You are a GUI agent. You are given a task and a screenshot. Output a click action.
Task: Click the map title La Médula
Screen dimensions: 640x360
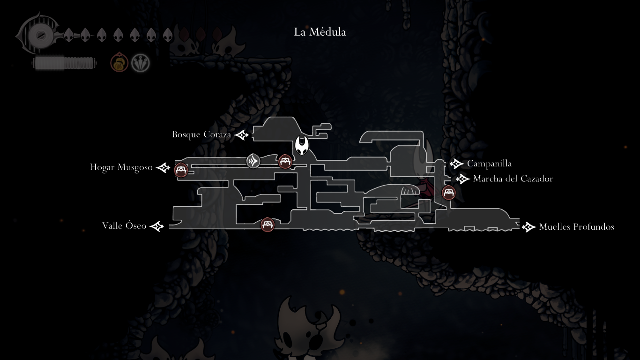click(x=320, y=32)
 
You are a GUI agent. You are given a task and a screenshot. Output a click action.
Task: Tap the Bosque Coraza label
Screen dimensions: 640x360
click(x=201, y=135)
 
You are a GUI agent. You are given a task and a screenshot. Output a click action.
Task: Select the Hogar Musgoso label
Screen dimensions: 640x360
click(x=121, y=167)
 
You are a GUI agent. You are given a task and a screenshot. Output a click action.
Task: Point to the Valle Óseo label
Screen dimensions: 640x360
click(x=124, y=226)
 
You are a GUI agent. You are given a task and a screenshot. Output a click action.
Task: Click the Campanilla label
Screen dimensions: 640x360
click(x=489, y=164)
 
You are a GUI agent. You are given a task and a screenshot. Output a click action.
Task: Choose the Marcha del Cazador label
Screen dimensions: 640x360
click(x=513, y=179)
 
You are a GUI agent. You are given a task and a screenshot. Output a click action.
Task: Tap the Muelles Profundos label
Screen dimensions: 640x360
click(x=576, y=227)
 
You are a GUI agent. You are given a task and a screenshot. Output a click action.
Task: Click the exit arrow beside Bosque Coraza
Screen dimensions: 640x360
click(x=242, y=135)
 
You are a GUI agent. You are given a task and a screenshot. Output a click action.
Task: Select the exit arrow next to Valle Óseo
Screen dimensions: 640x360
click(x=157, y=226)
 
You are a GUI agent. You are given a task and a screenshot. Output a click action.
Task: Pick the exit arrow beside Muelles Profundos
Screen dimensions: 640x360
click(x=528, y=227)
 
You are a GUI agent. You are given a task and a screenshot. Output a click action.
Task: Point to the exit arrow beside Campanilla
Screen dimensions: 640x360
click(x=456, y=164)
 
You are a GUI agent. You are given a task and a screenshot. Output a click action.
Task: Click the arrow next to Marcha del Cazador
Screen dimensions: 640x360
click(x=462, y=179)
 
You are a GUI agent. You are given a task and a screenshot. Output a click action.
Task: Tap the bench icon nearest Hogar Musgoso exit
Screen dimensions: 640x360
click(x=181, y=170)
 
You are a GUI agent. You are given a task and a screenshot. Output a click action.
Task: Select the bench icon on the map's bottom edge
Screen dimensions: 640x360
click(x=267, y=225)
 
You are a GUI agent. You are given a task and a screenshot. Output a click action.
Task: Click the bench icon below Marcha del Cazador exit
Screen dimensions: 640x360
click(x=449, y=192)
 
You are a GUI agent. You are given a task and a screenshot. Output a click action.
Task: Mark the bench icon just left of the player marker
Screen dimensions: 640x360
click(x=285, y=162)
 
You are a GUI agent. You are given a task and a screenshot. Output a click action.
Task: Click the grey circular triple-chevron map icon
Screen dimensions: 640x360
click(x=253, y=161)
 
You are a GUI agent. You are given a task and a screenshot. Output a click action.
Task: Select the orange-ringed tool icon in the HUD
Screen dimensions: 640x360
click(x=119, y=63)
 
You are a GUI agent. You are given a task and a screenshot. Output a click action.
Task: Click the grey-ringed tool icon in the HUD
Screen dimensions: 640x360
click(x=140, y=63)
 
